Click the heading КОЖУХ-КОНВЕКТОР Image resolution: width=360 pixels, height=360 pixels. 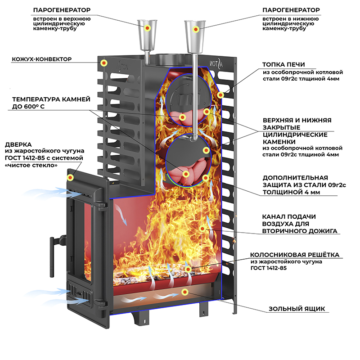click(x=42, y=59)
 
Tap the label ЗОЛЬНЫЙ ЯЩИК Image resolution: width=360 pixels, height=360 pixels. click(x=297, y=309)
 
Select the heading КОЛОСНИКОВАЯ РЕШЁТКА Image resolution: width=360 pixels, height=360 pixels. click(x=295, y=255)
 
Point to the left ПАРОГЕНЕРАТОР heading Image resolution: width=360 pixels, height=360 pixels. click(x=64, y=10)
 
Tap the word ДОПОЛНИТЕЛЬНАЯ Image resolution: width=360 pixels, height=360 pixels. click(x=295, y=177)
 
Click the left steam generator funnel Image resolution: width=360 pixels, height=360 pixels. click(x=147, y=29)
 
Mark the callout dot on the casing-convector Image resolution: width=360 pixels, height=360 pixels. click(x=104, y=63)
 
